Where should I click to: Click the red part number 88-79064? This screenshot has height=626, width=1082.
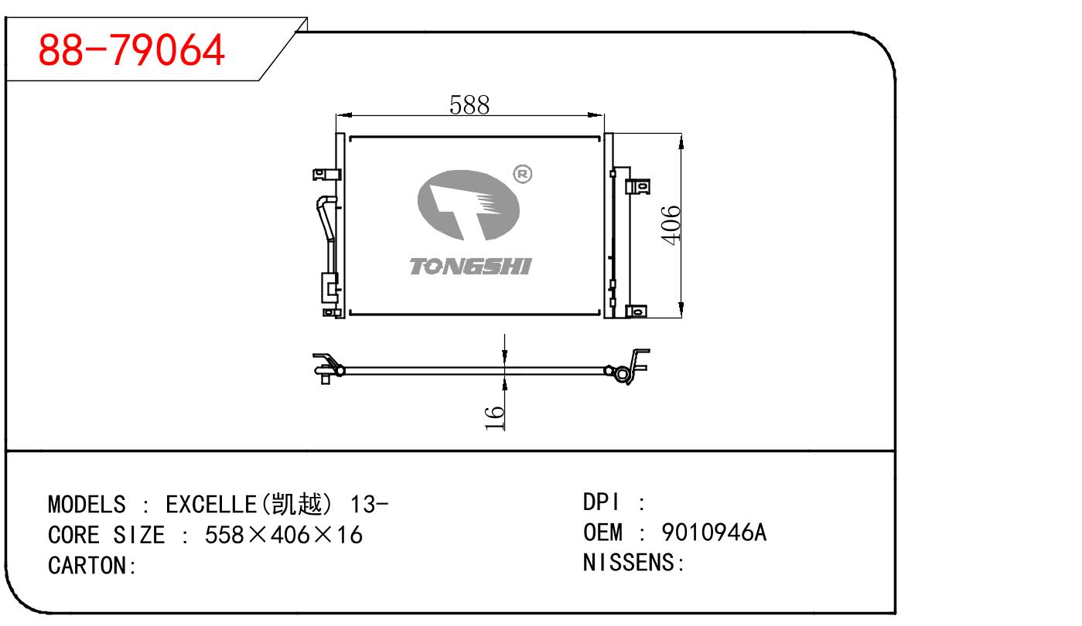(131, 50)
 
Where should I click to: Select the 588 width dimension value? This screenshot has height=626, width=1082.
(470, 104)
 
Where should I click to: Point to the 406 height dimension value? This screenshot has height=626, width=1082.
(671, 225)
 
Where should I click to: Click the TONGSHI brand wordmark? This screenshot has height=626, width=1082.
(469, 267)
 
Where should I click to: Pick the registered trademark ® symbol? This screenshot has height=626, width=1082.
(522, 175)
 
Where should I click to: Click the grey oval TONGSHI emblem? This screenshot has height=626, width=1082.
(468, 204)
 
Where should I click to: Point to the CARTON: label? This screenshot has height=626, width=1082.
(92, 566)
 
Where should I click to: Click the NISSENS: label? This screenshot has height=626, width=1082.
(633, 563)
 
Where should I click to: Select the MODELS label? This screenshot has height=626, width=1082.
(87, 505)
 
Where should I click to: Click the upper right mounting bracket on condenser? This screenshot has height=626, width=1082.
(638, 186)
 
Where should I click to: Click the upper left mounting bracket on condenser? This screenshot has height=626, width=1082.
(324, 175)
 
